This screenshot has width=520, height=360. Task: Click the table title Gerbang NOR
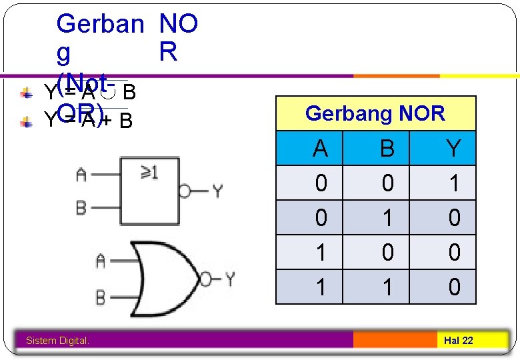375,113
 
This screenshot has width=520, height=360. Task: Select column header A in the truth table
321,148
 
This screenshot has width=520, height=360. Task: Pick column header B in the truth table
387,148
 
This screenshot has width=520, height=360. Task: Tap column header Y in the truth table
454,148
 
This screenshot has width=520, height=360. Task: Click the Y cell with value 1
454,183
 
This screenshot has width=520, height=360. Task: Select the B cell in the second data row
387,218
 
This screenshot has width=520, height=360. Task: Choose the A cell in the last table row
321,287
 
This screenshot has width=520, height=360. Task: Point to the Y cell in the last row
454,287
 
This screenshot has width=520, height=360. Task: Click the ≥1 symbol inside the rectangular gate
149,173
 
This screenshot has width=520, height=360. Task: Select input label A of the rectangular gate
81,175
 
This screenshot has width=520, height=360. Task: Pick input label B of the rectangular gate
81,208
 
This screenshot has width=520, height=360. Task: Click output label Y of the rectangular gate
217,192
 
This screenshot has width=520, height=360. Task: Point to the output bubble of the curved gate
207,278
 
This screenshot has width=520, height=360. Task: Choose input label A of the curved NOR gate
100,261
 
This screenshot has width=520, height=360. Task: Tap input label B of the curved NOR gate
100,296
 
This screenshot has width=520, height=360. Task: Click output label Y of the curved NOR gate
229,278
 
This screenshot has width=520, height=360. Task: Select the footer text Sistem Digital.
57,341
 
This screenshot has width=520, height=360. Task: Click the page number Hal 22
459,341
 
